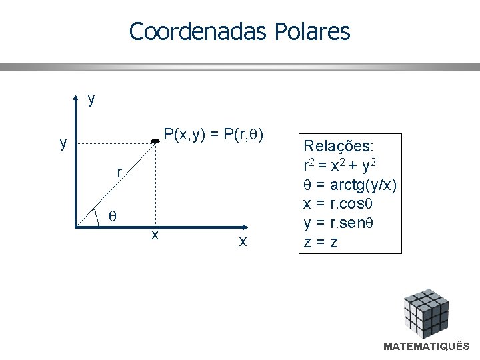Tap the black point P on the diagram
[155, 141]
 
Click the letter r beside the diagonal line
[119, 173]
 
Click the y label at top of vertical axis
[91, 99]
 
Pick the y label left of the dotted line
[63, 143]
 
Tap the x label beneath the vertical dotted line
[155, 235]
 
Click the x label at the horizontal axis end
[243, 241]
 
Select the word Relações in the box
[339, 145]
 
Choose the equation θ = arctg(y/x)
[350, 184]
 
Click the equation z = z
[321, 242]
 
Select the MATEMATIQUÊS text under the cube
[427, 347]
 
